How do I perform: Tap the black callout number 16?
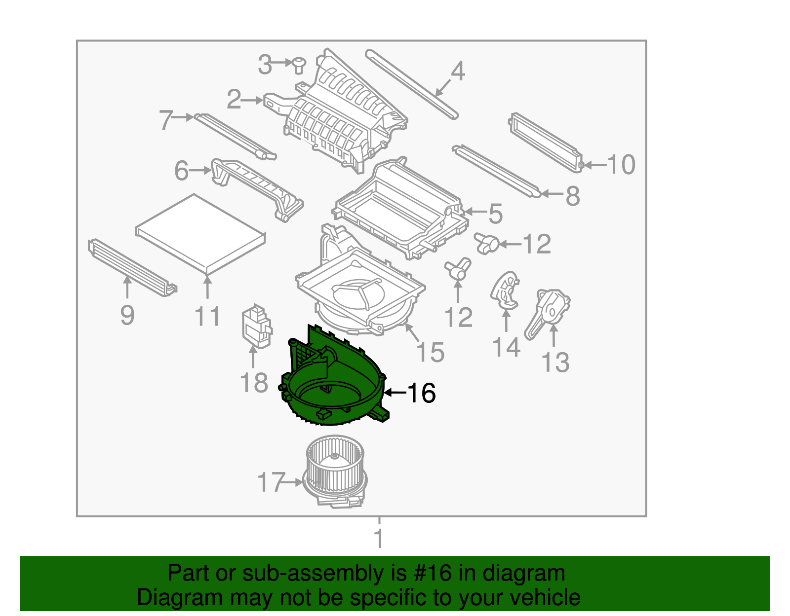pyautogui.click(x=421, y=393)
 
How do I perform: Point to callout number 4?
pyautogui.click(x=458, y=72)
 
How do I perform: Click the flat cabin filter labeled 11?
pyautogui.click(x=200, y=233)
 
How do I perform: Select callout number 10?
pyautogui.click(x=621, y=165)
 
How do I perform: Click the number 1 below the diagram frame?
pyautogui.click(x=379, y=539)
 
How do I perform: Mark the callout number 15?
pyautogui.click(x=430, y=352)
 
